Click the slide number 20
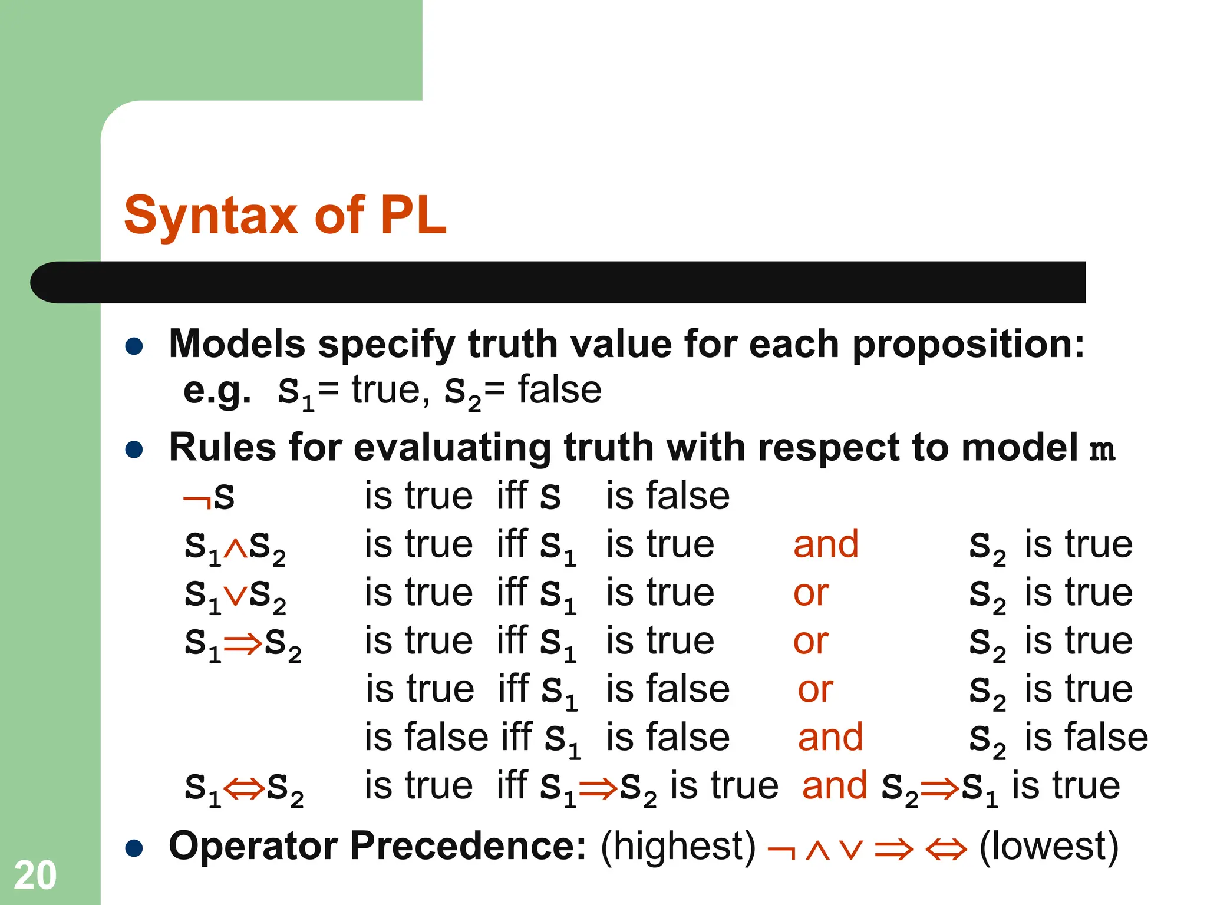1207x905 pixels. (35, 876)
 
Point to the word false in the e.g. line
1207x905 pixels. (559, 390)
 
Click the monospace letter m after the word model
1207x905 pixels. (1102, 450)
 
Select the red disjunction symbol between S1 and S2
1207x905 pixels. (235, 596)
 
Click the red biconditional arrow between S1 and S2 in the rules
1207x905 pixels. (243, 788)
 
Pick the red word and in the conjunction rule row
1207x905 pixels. (826, 544)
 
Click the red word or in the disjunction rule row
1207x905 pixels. (811, 593)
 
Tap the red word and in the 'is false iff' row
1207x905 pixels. (830, 737)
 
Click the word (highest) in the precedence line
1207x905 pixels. (678, 846)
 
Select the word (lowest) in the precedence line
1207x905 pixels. (1048, 846)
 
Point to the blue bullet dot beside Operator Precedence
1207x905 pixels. (134, 849)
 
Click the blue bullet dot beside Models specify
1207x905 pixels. (134, 346)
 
